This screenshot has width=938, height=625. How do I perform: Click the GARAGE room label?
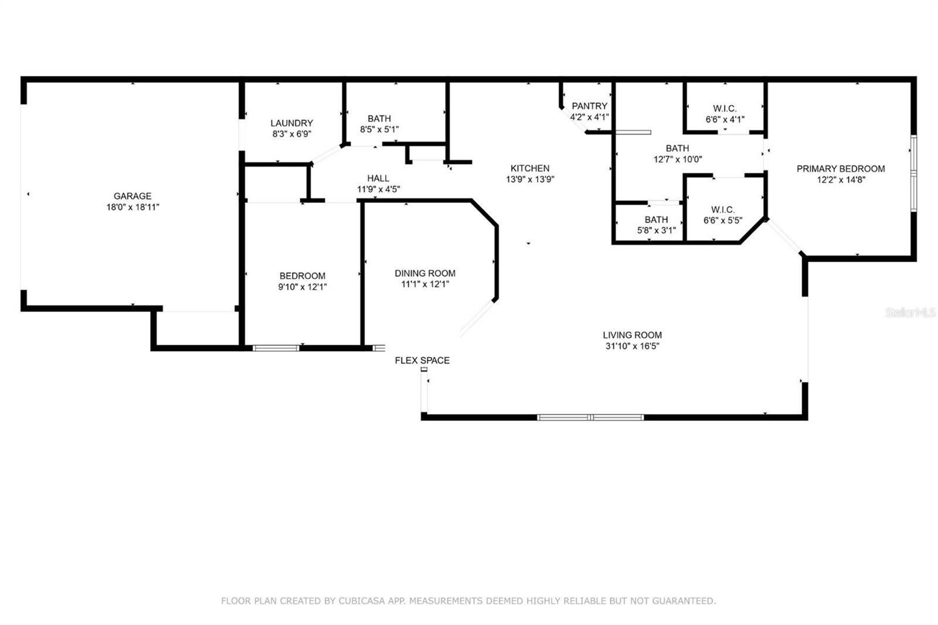coord(132,196)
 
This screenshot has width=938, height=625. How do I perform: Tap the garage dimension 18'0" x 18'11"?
coord(132,207)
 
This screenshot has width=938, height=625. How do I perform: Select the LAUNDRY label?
coord(291,123)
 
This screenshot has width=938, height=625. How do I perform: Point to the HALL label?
coord(378,178)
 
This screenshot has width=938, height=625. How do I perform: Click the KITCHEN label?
coord(530,168)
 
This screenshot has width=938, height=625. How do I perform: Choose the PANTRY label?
coord(589,106)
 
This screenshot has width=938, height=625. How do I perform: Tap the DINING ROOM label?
coord(425,274)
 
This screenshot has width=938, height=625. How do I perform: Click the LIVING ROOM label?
coord(633,335)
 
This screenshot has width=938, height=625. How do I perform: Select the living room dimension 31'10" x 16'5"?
coord(633,346)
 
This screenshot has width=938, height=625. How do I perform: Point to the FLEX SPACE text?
coord(422,361)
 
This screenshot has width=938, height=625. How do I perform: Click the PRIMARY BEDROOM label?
coord(841,169)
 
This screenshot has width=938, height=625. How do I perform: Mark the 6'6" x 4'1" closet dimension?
coord(725,120)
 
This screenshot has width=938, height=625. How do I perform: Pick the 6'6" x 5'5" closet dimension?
coord(723,220)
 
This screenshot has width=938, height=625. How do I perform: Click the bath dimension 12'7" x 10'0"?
coord(678,159)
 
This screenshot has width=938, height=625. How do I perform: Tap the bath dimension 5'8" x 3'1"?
coord(656,230)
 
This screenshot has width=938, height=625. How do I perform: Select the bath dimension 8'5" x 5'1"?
coord(379,130)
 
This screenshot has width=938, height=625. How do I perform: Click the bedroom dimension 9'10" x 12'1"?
coord(303,287)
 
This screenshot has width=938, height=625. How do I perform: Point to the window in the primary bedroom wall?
coord(914,174)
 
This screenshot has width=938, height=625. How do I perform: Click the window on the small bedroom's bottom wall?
coord(276,348)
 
